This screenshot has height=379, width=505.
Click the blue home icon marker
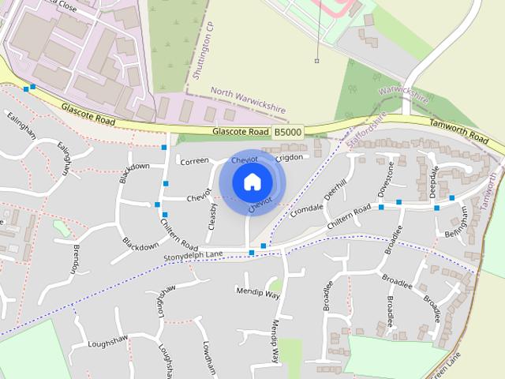[x=251, y=182]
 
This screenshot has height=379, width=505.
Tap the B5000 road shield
[x=287, y=133]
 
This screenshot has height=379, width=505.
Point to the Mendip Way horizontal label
[x=258, y=293]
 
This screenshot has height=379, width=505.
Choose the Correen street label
[x=194, y=161]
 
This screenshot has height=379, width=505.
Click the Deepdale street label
[x=433, y=181]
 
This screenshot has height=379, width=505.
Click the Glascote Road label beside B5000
[x=240, y=133]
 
